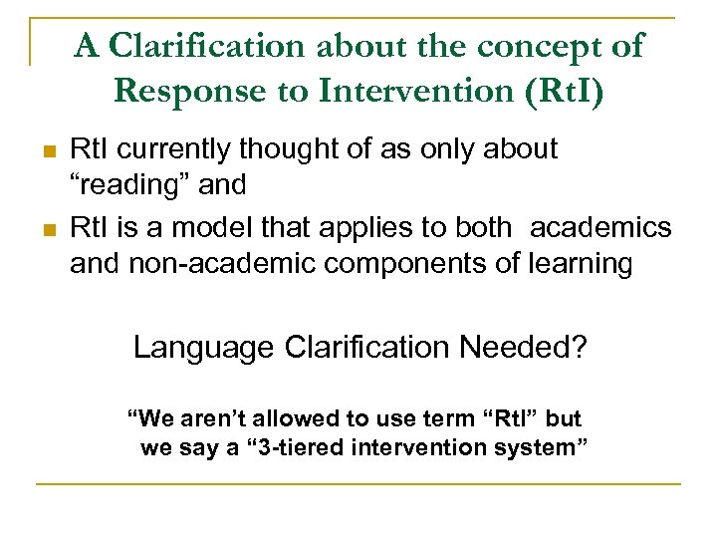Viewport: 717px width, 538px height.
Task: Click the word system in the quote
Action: tap(538, 448)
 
